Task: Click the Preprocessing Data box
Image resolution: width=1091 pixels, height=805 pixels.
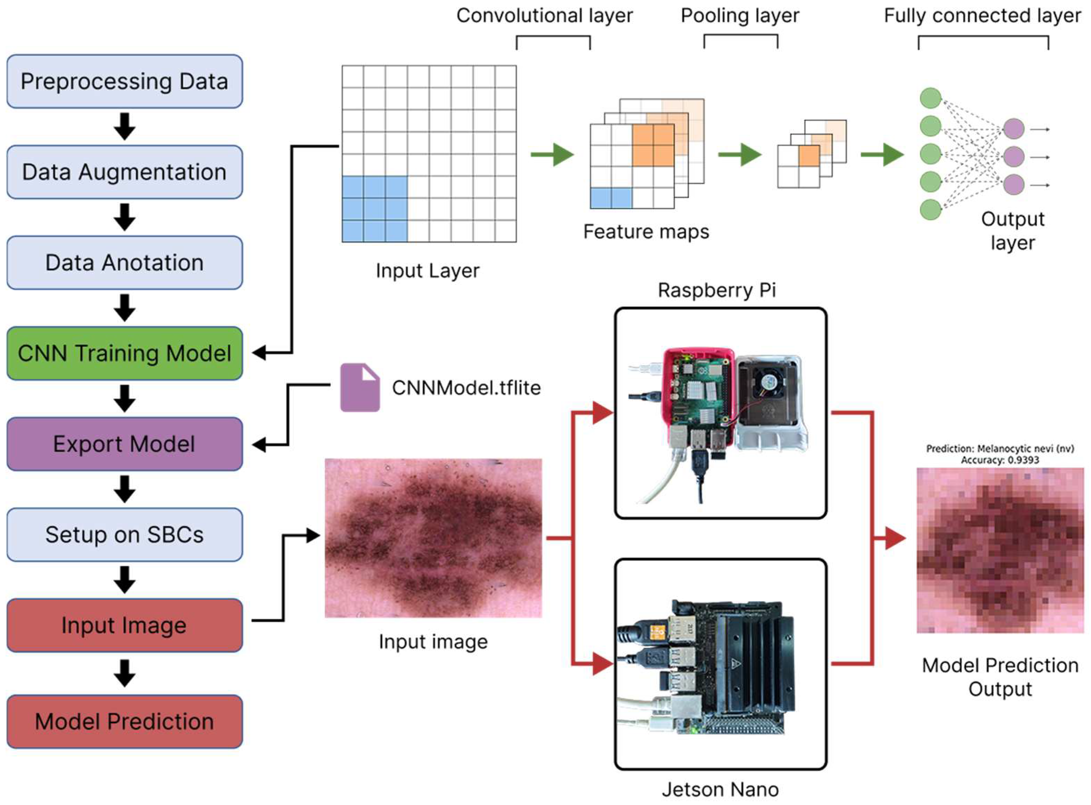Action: coord(124,82)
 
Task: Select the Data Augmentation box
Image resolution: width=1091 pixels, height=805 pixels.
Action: coord(124,172)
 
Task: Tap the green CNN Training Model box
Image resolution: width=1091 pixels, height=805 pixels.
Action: coord(124,353)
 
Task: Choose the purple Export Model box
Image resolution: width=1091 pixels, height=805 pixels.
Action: coord(124,444)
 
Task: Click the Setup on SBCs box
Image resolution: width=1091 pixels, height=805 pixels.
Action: coord(124,534)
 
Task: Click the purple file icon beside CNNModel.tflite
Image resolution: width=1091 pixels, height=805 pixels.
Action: coord(359,388)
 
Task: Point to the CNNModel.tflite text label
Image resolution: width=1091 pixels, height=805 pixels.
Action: coord(466,388)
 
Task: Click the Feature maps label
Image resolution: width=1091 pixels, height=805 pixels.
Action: coord(646,231)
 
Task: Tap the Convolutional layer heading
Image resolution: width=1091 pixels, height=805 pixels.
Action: coord(544,16)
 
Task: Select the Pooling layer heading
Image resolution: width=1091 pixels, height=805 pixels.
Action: coord(740,16)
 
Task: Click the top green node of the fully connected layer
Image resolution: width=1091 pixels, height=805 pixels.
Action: coord(930,98)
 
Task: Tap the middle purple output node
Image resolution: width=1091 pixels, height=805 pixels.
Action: coord(1014,157)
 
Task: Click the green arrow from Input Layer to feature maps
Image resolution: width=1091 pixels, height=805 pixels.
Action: coord(553,155)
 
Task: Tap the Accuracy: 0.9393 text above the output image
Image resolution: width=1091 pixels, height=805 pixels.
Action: coord(1000,460)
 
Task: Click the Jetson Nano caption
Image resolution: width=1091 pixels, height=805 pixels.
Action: coord(720,789)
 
